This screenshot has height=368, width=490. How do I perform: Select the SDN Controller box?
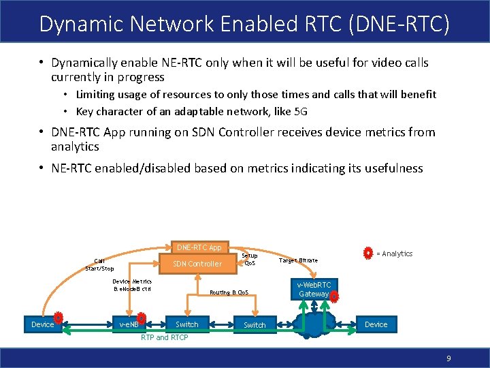pyautogui.click(x=197, y=264)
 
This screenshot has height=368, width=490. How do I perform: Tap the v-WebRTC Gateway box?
pyautogui.click(x=314, y=289)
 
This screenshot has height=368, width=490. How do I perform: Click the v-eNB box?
pyautogui.click(x=129, y=324)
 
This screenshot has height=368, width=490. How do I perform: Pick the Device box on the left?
pyautogui.click(x=42, y=324)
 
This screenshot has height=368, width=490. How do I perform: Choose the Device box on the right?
pyautogui.click(x=376, y=324)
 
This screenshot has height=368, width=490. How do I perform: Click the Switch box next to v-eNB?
pyautogui.click(x=187, y=324)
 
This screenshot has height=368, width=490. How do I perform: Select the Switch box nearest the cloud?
pyautogui.click(x=255, y=325)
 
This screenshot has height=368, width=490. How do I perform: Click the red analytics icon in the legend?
pyautogui.click(x=367, y=254)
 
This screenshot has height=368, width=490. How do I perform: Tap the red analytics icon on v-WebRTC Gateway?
pyautogui.click(x=333, y=295)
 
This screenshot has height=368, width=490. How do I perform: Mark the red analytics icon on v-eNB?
pyautogui.click(x=141, y=318)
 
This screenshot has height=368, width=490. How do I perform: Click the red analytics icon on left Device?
pyautogui.click(x=59, y=318)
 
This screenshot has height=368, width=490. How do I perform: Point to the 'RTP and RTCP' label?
pyautogui.click(x=164, y=337)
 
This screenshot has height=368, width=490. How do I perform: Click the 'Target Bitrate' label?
pyautogui.click(x=298, y=260)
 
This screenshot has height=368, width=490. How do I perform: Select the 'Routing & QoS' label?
pyautogui.click(x=229, y=292)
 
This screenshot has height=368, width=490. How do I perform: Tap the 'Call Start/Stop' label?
pyautogui.click(x=99, y=264)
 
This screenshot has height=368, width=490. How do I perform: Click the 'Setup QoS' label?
pyautogui.click(x=250, y=259)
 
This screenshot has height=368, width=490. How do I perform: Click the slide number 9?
pyautogui.click(x=448, y=358)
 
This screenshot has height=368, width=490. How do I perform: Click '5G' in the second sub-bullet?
pyautogui.click(x=309, y=111)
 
